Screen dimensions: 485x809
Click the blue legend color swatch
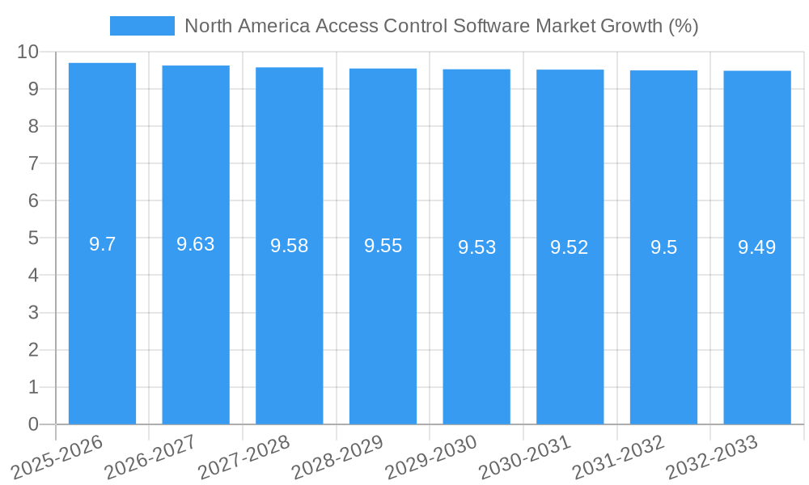[x=142, y=26]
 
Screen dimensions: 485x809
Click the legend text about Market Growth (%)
[x=441, y=26]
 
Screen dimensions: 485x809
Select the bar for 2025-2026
[x=102, y=243]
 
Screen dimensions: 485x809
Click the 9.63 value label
[x=196, y=244]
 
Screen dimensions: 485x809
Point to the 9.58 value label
[x=290, y=246]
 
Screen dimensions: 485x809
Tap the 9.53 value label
[x=477, y=247]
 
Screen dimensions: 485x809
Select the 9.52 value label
[x=570, y=247]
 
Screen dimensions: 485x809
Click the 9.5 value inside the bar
[x=663, y=247]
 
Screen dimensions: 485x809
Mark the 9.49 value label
[x=757, y=247]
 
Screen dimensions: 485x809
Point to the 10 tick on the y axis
[x=28, y=52]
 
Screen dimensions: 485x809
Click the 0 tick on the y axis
[x=33, y=424]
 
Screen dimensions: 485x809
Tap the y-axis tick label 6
[x=33, y=200]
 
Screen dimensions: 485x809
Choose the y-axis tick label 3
[x=33, y=313]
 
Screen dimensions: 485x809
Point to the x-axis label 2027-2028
[x=242, y=457]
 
